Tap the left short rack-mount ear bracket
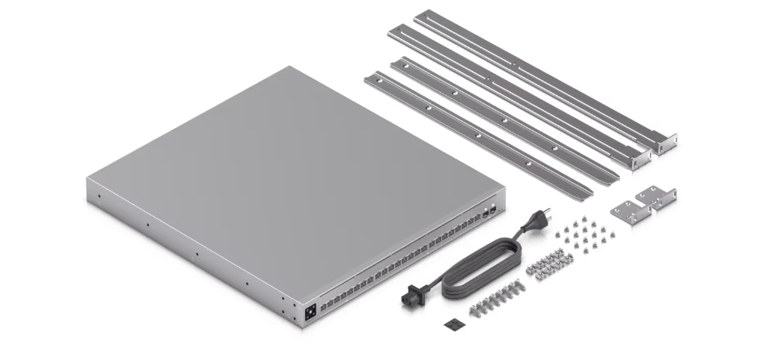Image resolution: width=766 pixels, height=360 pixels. tap(626, 210)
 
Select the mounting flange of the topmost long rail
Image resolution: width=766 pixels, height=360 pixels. tap(666, 144)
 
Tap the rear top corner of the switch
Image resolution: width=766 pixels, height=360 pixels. tap(289, 67)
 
